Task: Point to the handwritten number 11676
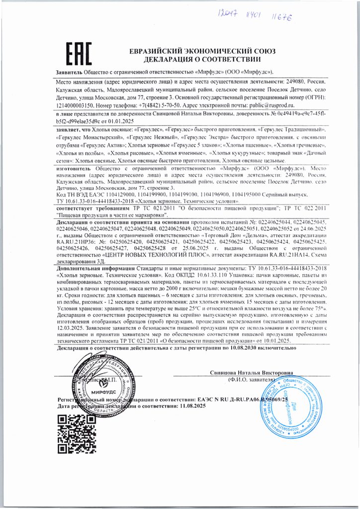click(x=280, y=18)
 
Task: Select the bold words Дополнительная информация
click(x=96, y=267)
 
